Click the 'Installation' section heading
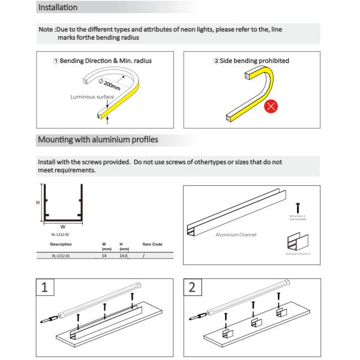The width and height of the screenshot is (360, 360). pyautogui.click(x=58, y=8)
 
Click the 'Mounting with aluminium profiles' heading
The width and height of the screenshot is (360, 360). pyautogui.click(x=98, y=140)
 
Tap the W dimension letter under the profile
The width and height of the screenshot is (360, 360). pyautogui.click(x=62, y=227)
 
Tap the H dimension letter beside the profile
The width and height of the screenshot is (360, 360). pyautogui.click(x=38, y=203)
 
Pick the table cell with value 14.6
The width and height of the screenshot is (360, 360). pyautogui.click(x=124, y=256)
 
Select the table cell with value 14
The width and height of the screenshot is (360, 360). pyautogui.click(x=105, y=256)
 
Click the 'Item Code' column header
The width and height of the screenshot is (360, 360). pyautogui.click(x=152, y=244)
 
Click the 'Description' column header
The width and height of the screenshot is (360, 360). pyautogui.click(x=61, y=244)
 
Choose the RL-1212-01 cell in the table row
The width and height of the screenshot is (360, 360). pyautogui.click(x=61, y=256)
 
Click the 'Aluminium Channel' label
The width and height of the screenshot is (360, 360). pyautogui.click(x=236, y=234)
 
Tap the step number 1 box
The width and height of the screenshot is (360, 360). pyautogui.click(x=45, y=287)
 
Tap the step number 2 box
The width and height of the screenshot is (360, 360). pyautogui.click(x=192, y=287)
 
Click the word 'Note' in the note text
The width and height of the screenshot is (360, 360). pyautogui.click(x=45, y=29)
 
